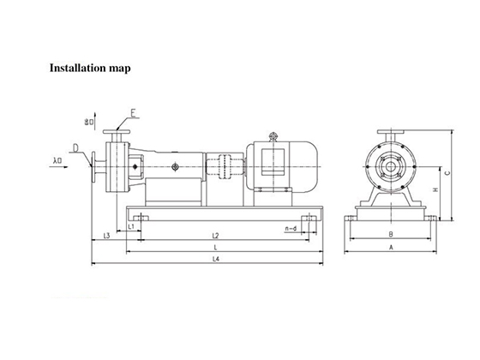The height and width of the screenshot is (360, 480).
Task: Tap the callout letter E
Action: pos(133,112)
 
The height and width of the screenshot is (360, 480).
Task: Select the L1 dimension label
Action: pos(129,225)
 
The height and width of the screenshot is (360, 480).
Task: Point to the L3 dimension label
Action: pos(105,234)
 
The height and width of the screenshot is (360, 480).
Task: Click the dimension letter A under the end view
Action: pos(390,247)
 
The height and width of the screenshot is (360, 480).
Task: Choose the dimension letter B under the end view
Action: pos(390,233)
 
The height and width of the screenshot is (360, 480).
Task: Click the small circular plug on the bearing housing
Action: pos(174,167)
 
